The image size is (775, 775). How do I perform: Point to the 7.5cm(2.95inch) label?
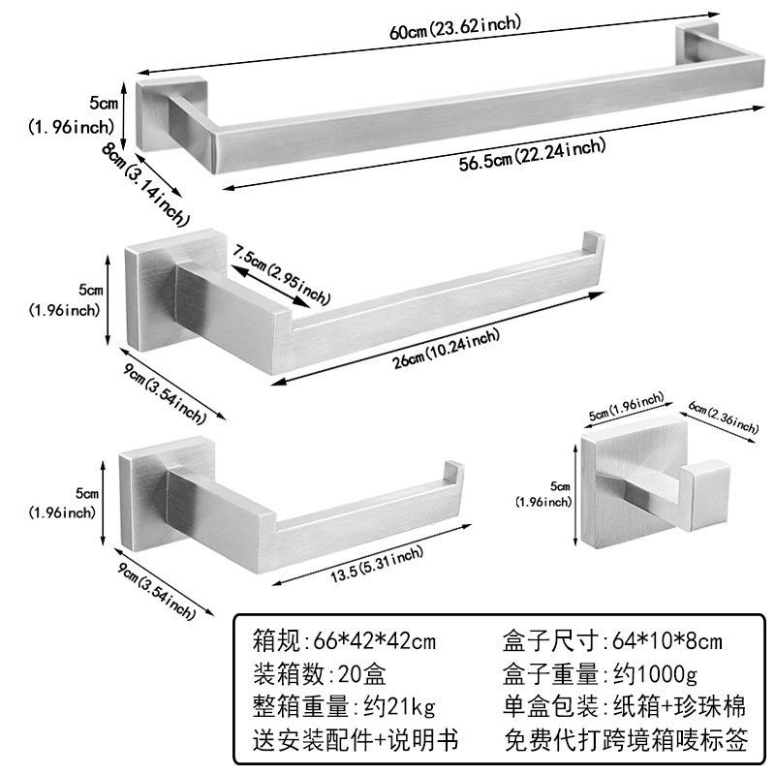(282, 273)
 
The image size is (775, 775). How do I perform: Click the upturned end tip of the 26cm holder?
(590, 247)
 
